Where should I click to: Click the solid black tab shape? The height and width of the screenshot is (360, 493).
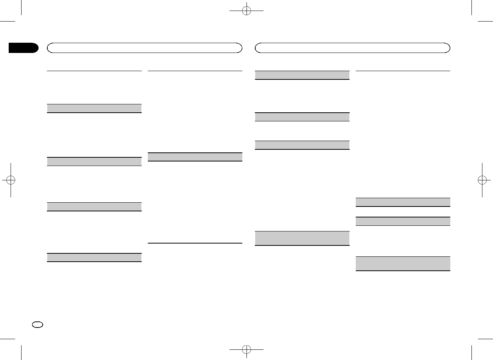coord(23,48)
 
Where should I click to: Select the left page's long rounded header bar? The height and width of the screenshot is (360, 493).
coord(144,48)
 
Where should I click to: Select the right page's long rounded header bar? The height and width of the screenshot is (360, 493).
coord(353,48)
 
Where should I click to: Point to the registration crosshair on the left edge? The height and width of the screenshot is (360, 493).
coord(11,180)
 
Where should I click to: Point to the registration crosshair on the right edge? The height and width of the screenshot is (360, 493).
coord(482,180)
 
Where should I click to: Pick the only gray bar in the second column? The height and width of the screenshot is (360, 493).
coord(195,157)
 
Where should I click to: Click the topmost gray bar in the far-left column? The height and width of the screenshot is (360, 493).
coord(94,108)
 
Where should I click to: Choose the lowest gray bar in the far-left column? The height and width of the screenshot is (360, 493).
coord(94,257)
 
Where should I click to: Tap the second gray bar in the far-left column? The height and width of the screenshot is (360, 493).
coord(94,161)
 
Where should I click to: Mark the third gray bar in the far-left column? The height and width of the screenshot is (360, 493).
coord(94,206)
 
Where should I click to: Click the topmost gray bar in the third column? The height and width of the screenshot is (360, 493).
coord(302,75)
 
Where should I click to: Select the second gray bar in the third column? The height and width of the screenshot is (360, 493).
coord(302,117)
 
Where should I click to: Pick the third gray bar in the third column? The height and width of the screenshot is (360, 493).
coord(302,145)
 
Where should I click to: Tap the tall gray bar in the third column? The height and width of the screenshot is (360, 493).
coord(302,238)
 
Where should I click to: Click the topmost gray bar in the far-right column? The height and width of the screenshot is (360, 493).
coord(403,202)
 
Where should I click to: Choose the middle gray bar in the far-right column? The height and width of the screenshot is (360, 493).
coord(403,221)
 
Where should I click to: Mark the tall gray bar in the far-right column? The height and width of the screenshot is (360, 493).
coord(403,264)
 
